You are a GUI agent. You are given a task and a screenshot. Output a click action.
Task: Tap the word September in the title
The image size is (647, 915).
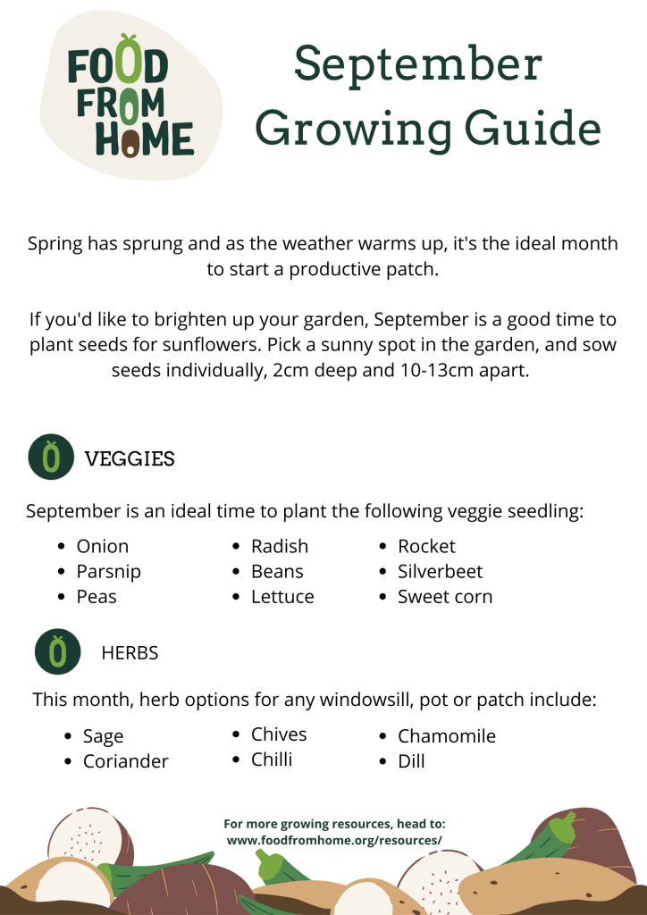point(418,64)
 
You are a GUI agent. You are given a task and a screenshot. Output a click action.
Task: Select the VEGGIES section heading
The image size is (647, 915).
point(130,459)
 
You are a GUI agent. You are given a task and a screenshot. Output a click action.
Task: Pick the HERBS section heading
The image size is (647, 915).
point(130,653)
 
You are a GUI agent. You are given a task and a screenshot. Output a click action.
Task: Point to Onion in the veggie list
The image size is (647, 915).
point(103,546)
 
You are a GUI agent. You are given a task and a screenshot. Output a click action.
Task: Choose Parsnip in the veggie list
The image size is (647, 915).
point(109,571)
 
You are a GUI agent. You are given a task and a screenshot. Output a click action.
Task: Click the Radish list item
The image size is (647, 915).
point(280,546)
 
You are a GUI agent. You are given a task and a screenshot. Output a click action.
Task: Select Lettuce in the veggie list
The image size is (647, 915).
point(282,596)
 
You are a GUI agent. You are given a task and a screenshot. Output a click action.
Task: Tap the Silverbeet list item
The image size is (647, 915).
point(440,571)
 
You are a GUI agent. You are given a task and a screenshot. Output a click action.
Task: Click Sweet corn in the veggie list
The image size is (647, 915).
point(445,596)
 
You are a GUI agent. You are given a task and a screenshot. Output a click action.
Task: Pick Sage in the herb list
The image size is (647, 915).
point(104,736)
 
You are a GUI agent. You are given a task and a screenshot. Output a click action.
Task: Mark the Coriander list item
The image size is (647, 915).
point(126,761)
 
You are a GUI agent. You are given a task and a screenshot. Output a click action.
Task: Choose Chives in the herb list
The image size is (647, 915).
point(279,735)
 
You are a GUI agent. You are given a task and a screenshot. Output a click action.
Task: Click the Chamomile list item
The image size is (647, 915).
point(447,736)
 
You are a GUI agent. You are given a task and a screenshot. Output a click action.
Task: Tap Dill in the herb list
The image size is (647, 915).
point(412,761)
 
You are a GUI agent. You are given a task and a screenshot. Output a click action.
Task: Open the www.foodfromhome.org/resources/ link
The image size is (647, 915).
point(334,841)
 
